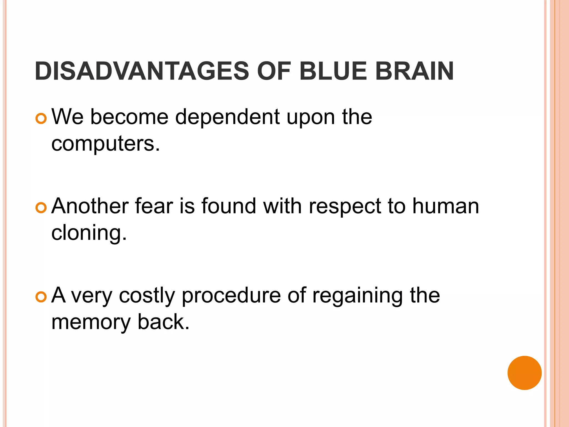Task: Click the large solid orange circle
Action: (524, 373)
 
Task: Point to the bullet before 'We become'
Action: (41, 119)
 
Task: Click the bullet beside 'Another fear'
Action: (41, 208)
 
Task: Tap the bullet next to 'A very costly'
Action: (41, 297)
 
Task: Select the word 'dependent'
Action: (227, 117)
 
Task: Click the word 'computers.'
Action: (106, 144)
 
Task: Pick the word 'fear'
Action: (154, 206)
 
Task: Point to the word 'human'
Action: (446, 206)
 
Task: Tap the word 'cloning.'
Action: (89, 233)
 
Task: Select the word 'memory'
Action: (91, 322)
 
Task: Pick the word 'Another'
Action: (90, 206)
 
